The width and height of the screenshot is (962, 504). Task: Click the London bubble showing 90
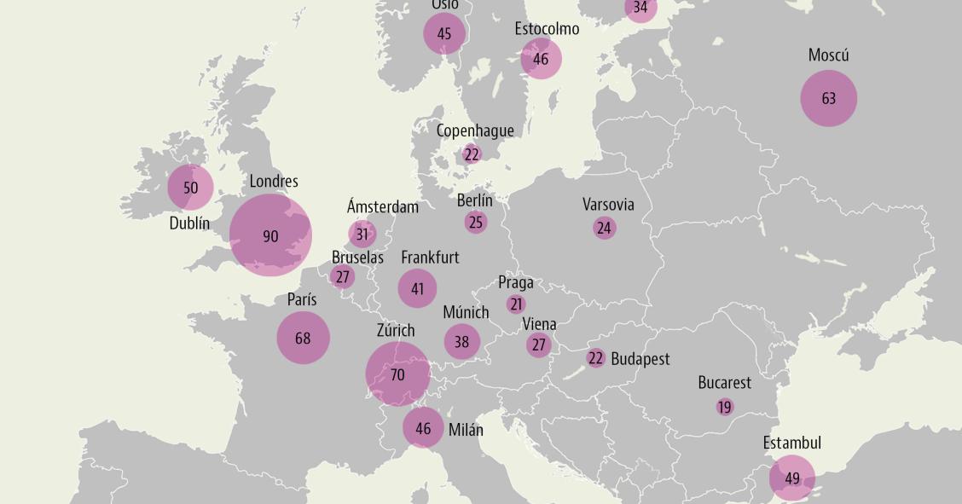click(x=270, y=235)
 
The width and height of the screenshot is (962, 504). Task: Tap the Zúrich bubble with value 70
click(x=397, y=374)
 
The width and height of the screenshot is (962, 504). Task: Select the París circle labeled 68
click(x=303, y=338)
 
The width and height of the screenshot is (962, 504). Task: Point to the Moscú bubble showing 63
click(x=828, y=98)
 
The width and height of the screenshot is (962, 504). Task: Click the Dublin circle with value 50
click(x=190, y=188)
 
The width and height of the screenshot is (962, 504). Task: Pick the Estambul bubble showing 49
click(x=792, y=478)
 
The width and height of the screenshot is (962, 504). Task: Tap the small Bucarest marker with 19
click(x=725, y=407)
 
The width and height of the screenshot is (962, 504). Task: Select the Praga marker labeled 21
click(x=516, y=304)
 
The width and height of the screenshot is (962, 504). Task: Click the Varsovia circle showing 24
click(x=604, y=228)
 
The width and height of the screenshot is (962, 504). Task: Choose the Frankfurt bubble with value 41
click(x=417, y=288)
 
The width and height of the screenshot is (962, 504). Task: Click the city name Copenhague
click(x=475, y=130)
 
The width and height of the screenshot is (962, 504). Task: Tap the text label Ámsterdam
click(x=383, y=206)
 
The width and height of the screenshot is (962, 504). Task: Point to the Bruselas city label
click(x=357, y=257)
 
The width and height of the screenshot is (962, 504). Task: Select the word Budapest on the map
click(x=640, y=359)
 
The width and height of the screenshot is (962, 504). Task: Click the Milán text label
click(x=466, y=429)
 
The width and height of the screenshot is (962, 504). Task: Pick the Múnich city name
click(x=466, y=312)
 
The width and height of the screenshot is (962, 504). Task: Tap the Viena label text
click(x=539, y=324)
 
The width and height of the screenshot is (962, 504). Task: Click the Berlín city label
click(x=474, y=200)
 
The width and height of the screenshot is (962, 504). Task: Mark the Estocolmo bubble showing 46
click(x=541, y=60)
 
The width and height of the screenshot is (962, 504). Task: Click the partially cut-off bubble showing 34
click(x=640, y=8)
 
